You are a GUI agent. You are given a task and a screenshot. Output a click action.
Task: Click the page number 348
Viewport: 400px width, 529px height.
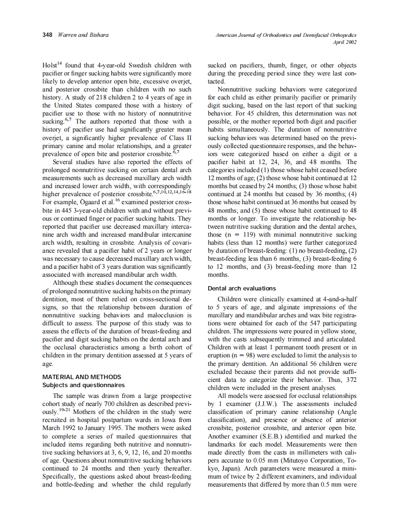click(48, 35)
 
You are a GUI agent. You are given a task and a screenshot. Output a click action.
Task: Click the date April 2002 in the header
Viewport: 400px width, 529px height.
click(345, 42)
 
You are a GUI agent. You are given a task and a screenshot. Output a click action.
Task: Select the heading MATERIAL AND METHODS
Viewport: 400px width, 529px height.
click(82, 377)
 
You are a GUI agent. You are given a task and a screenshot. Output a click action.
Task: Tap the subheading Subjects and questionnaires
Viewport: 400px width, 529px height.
click(83, 385)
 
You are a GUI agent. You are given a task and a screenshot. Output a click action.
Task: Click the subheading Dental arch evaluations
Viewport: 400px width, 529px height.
click(242, 288)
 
